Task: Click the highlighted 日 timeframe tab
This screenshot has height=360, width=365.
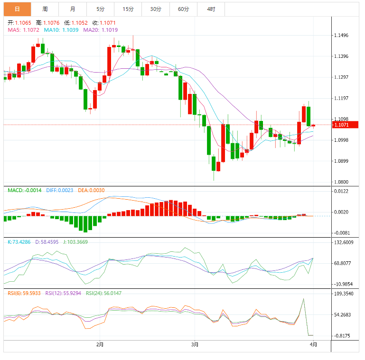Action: pos(17,9)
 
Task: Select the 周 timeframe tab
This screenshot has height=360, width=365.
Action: pos(45,9)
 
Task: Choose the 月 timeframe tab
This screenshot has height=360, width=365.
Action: pos(72,9)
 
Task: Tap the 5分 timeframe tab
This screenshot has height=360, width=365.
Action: pos(100,9)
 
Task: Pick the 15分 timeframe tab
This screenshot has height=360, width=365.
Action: pos(128,9)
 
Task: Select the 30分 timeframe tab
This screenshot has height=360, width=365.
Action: pos(155,9)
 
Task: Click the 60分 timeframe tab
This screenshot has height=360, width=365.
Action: pos(183,9)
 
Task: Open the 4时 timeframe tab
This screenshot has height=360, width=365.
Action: pos(211,9)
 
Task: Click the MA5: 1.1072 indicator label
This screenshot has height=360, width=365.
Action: pos(24,30)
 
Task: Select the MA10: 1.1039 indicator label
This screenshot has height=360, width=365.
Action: pos(61,30)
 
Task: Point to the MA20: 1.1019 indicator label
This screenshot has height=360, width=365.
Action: pos(101,30)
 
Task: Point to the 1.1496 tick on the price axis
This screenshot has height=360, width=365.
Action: pos(342,36)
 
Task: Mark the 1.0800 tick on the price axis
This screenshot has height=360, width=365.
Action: pos(342,182)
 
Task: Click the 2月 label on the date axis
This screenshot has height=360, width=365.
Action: pos(100,344)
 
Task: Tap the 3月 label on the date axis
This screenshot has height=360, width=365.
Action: pos(194,344)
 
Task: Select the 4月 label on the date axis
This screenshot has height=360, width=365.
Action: pos(313,344)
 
